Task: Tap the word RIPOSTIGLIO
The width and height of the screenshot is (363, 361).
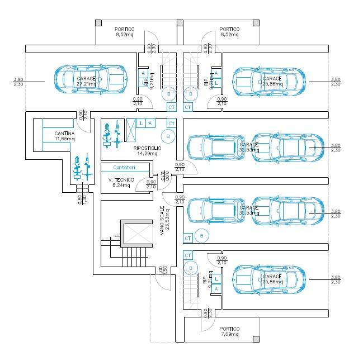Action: pos(148,148)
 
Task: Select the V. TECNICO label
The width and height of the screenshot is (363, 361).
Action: pos(121,179)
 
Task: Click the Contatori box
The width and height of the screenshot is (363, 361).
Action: pos(124,168)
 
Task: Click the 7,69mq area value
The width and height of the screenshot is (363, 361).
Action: pos(229,334)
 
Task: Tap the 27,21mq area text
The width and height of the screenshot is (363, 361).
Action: pos(86,84)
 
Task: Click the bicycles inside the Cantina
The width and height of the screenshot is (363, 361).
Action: pos(81,167)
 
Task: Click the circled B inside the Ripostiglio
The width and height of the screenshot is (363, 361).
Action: pos(167,136)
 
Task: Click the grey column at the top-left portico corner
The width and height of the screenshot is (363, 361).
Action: pos(98,22)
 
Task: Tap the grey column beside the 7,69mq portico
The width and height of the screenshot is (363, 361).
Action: pos(256,339)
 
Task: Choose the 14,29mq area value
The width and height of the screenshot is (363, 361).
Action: pos(148,153)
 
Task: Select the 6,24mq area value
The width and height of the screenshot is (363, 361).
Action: pos(121,184)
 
